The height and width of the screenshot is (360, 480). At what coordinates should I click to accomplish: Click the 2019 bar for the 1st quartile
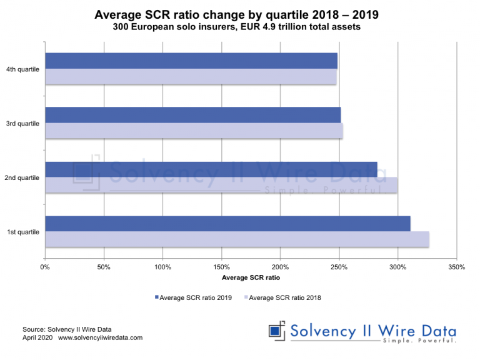(227, 224)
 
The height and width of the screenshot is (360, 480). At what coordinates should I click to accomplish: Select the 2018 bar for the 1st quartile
(237, 239)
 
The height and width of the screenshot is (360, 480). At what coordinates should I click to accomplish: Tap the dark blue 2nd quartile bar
(211, 169)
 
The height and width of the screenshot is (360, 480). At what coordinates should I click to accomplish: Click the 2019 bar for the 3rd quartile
(193, 115)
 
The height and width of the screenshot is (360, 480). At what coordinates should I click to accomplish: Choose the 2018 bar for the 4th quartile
(191, 76)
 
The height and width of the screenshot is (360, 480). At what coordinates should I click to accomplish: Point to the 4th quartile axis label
(23, 69)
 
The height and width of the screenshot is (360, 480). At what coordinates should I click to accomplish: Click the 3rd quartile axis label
(23, 123)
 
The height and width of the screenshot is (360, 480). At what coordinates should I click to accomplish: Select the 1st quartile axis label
(23, 232)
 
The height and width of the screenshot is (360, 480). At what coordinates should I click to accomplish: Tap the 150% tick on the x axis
(221, 267)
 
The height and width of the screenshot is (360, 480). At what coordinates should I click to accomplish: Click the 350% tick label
(457, 267)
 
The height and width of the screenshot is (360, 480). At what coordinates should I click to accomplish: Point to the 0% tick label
(45, 267)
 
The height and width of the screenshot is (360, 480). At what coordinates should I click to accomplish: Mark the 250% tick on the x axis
(339, 267)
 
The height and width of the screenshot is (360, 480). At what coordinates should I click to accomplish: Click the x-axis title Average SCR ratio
(251, 278)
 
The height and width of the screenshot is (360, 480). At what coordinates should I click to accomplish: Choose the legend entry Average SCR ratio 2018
(285, 297)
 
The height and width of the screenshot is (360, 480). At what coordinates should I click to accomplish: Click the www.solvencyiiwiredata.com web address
(101, 337)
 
